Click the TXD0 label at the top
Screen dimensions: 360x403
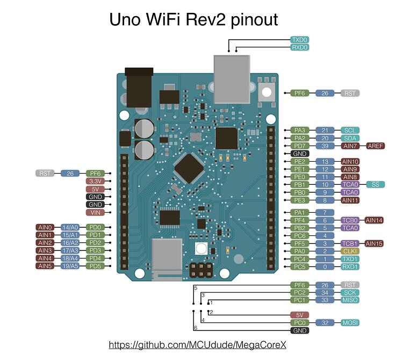pos(299,40)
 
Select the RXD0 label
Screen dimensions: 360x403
pos(299,47)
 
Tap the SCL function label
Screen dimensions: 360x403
pos(350,131)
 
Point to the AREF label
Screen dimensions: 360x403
pos(375,146)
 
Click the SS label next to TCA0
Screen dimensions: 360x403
pos(375,184)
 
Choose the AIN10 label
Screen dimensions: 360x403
pos(350,161)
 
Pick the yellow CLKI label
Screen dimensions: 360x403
pos(350,251)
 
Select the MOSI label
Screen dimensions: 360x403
pos(350,323)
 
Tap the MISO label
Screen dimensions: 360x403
pos(350,300)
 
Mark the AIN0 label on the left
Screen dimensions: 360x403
pos(45,227)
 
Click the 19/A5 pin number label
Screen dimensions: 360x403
pos(70,266)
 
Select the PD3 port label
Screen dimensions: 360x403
pos(95,250)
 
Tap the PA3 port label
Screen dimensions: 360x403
pos(299,131)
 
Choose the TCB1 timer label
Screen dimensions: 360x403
pos(350,243)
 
